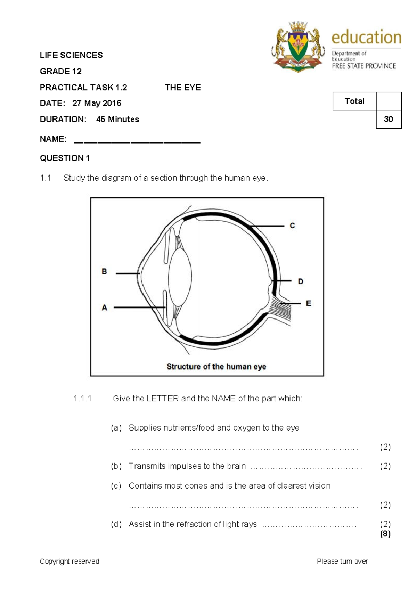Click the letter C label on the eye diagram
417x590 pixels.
(292, 226)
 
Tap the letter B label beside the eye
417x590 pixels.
(104, 271)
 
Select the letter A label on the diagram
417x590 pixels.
(104, 308)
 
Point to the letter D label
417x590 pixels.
(301, 281)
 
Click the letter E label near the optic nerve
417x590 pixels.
(308, 303)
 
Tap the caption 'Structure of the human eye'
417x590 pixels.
(216, 367)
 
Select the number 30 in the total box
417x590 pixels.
(388, 119)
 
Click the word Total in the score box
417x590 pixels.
(354, 101)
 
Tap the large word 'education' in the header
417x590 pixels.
(366, 37)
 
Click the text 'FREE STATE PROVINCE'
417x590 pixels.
(363, 66)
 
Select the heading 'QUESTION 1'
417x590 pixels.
(65, 158)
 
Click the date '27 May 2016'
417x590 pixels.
(97, 103)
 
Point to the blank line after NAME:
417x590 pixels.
(137, 142)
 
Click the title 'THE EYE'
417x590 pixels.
(183, 88)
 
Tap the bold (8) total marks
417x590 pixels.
(385, 534)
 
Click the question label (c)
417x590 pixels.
(116, 486)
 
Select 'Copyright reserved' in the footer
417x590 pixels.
(69, 561)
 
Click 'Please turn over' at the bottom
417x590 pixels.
(342, 561)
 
